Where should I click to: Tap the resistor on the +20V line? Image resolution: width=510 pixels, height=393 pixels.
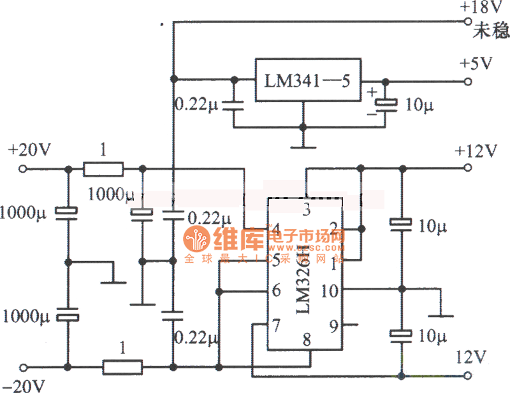(104, 170)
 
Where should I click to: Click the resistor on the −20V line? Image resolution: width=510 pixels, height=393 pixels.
(122, 367)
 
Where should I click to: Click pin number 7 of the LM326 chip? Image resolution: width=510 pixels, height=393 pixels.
(276, 326)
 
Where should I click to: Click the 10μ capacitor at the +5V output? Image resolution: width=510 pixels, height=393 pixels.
(385, 103)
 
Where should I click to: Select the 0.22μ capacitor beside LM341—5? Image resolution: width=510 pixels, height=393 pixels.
(234, 105)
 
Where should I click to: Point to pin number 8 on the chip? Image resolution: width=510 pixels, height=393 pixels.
(307, 339)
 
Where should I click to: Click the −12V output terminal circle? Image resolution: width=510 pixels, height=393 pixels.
(469, 374)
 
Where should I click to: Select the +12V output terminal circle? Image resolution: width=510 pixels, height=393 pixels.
(469, 170)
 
